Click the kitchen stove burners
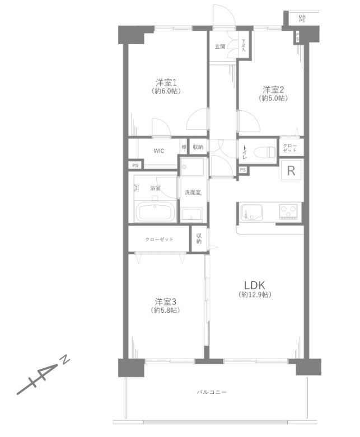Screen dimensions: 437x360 pos(289,212)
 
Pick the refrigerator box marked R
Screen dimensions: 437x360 pos(291,171)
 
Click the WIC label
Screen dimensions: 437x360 pos(159,151)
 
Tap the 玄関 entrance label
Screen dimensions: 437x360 pos(220,46)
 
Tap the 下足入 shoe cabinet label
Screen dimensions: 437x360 pos(244,45)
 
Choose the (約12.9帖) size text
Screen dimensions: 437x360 pos(255,294)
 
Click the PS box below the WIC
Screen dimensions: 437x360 pos(134,165)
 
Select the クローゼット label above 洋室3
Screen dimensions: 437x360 pos(159,239)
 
